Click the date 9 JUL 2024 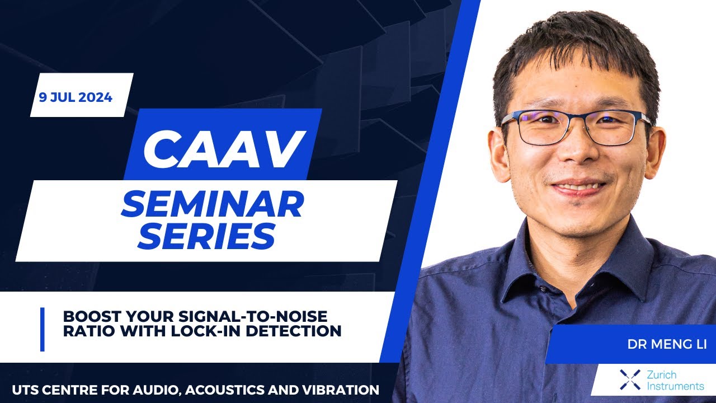[76, 97]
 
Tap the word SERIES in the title [206, 236]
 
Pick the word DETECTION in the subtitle [294, 331]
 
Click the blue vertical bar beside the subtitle [43, 330]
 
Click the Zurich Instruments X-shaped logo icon [630, 379]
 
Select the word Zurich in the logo [661, 374]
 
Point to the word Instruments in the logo [675, 386]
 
